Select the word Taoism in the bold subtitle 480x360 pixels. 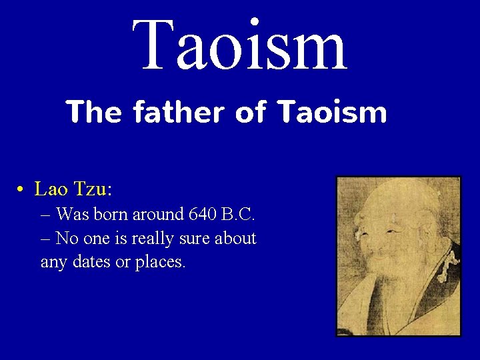[x=331, y=112]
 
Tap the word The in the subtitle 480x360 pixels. [x=93, y=112]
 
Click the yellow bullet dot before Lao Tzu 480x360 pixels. [x=21, y=190]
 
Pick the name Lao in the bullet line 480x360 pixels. [x=51, y=189]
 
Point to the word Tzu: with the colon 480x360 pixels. [x=93, y=189]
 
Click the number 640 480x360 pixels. [x=204, y=215]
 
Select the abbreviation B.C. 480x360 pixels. [x=239, y=215]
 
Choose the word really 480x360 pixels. [x=153, y=238]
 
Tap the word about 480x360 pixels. [x=236, y=238]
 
